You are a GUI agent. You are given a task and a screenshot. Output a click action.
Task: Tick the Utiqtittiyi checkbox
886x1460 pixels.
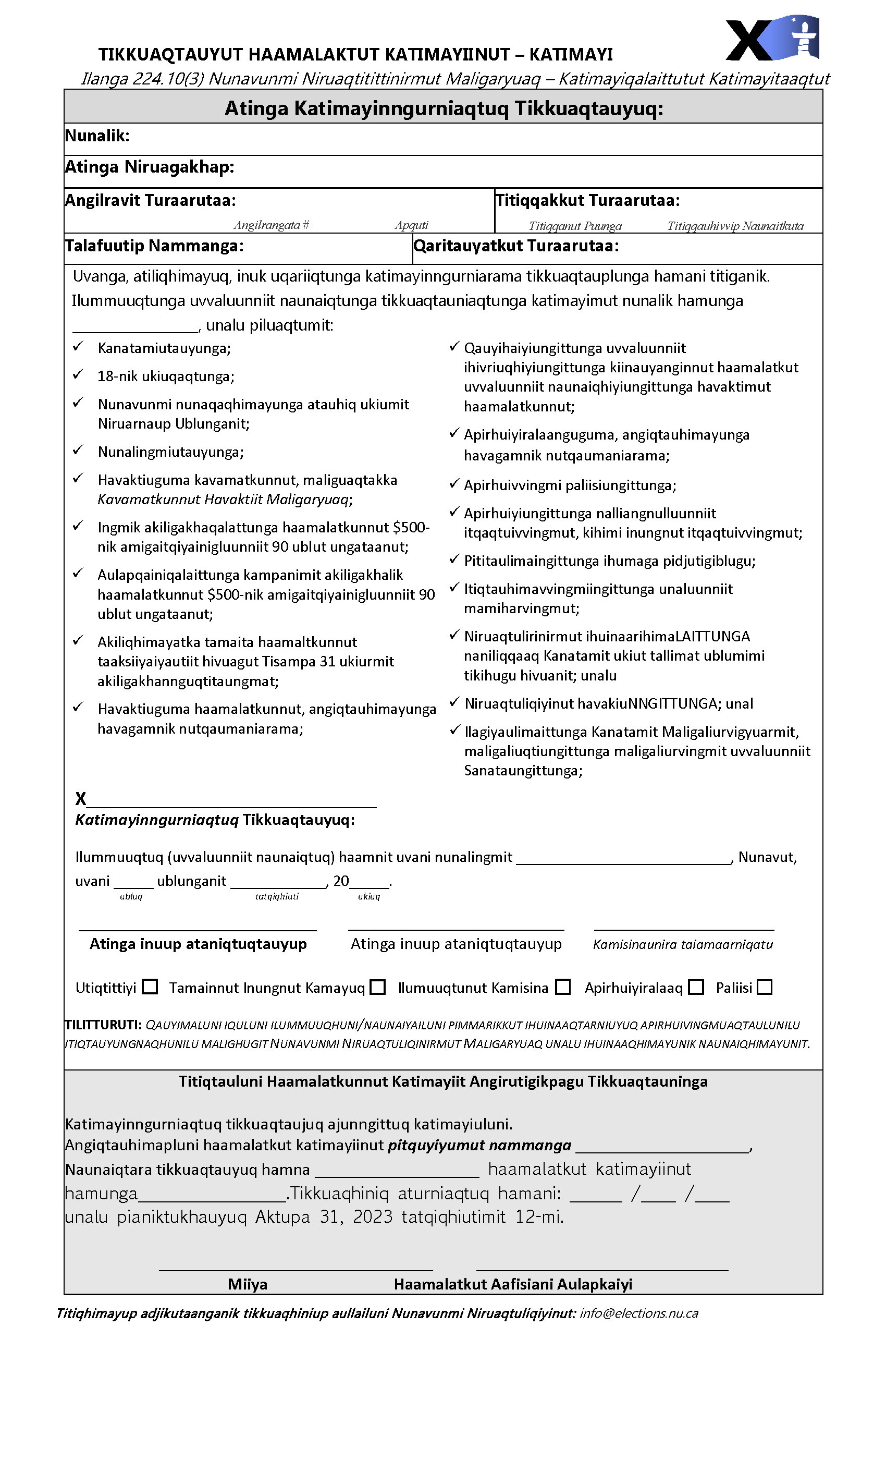(x=151, y=987)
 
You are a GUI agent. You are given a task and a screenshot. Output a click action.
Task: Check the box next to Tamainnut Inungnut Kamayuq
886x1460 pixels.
(x=377, y=987)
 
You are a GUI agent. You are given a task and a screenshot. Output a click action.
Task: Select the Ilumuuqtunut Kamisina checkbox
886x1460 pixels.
(x=563, y=987)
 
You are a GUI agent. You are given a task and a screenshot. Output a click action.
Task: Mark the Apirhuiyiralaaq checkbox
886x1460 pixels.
(x=696, y=987)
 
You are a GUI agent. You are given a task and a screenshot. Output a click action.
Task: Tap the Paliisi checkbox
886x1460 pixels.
(x=765, y=987)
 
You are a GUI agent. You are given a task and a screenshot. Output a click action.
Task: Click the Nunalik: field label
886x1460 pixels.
(x=97, y=136)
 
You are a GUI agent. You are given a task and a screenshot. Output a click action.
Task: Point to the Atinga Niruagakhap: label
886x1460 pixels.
(x=149, y=167)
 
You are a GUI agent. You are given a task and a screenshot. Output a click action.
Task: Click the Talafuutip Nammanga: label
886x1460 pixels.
(x=154, y=246)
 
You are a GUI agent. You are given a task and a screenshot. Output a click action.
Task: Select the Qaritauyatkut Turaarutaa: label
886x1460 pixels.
(x=516, y=246)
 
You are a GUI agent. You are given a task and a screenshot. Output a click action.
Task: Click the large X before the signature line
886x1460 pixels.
(x=81, y=799)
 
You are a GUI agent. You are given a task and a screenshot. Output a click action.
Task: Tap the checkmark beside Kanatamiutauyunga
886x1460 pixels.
(x=78, y=347)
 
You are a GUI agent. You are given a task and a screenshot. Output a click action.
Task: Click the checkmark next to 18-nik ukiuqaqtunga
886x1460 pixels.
(x=78, y=374)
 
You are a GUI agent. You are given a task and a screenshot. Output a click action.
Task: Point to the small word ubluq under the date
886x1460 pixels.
(x=131, y=896)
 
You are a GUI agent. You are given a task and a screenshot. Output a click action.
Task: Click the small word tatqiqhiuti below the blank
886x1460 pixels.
(x=277, y=896)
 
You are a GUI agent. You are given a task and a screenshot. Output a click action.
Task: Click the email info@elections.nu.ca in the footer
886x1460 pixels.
(x=638, y=1313)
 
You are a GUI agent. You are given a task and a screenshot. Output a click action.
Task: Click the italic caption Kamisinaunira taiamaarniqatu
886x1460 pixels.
(x=683, y=944)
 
